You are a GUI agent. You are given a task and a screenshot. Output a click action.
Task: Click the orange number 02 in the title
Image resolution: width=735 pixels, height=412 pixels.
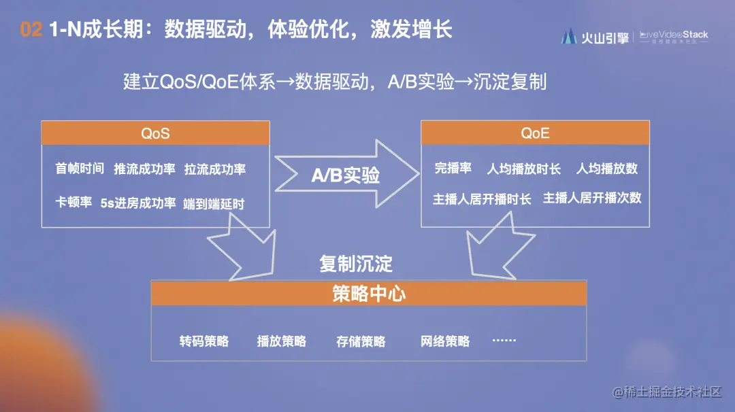[x=31, y=30]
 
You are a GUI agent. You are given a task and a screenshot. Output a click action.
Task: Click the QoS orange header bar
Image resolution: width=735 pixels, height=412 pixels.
[x=155, y=133]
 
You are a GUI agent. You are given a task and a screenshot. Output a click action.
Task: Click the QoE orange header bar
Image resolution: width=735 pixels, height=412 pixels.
[x=535, y=133]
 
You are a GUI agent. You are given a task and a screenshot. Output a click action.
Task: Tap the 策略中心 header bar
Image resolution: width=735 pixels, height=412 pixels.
[x=369, y=293]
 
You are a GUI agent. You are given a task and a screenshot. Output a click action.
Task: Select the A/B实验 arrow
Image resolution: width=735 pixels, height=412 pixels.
[x=346, y=175]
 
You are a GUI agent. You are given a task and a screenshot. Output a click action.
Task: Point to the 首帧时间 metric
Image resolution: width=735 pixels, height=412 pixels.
[x=80, y=169]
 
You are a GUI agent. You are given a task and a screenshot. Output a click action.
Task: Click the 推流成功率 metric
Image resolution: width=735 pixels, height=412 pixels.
[x=144, y=169]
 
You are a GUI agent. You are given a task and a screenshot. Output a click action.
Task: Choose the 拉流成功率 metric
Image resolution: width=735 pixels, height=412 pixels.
[x=215, y=169]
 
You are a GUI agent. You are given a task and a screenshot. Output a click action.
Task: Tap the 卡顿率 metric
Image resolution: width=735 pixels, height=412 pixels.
[x=73, y=203]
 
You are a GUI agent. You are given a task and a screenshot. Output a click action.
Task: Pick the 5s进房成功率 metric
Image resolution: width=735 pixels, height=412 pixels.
[x=138, y=203]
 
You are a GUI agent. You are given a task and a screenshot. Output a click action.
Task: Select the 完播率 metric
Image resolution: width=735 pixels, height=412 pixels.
[x=453, y=169]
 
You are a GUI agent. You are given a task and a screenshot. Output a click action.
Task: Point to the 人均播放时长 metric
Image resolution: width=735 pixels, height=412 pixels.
[x=524, y=169]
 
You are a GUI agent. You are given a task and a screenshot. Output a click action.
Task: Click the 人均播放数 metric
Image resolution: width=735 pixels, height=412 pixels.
[x=607, y=169]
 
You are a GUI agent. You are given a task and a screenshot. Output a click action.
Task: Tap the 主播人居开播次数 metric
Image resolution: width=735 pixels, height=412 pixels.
[x=592, y=199]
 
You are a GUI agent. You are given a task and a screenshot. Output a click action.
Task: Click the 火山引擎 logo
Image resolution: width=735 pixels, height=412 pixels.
[x=593, y=37]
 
